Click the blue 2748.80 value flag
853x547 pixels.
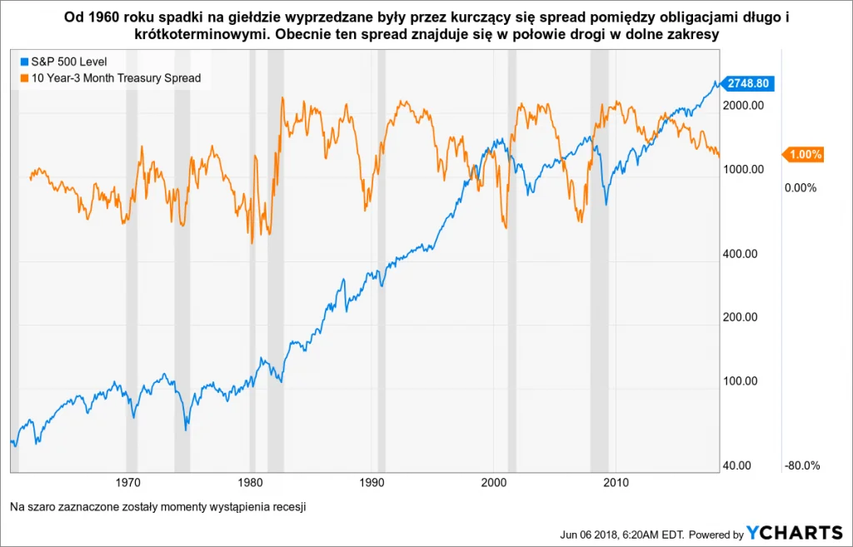(747, 83)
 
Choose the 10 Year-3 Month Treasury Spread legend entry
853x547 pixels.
(109, 78)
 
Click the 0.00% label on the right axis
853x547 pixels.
(800, 188)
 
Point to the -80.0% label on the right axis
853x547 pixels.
(803, 465)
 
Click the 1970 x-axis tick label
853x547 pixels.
(127, 483)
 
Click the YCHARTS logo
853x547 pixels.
(795, 534)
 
